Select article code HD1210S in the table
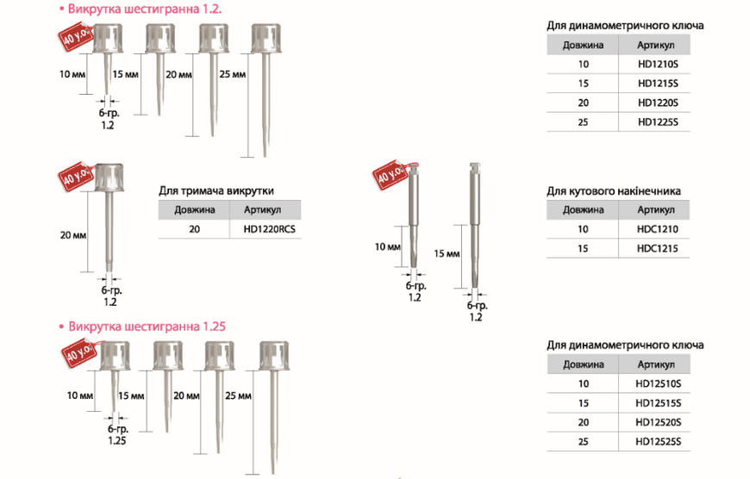click(x=658, y=64)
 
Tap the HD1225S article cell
click(x=658, y=121)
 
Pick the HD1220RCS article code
click(x=269, y=229)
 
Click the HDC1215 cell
click(x=657, y=249)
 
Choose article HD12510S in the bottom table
click(x=658, y=383)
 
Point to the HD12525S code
click(x=658, y=442)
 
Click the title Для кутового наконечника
click(x=614, y=191)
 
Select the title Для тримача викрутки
click(x=216, y=190)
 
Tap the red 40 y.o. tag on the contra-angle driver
click(x=391, y=175)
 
